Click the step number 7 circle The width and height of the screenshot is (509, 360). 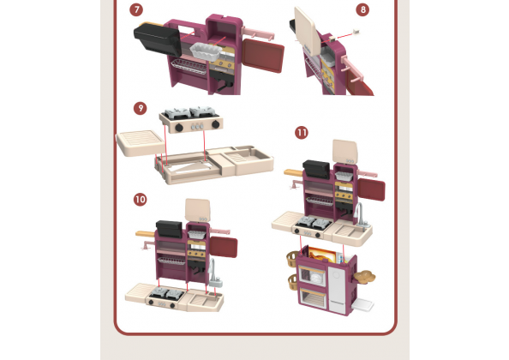(x=136, y=9)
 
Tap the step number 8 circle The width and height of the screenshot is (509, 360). (x=362, y=9)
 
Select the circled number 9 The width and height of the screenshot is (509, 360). (x=141, y=108)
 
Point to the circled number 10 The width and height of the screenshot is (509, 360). (x=141, y=200)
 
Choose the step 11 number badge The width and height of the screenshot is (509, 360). (x=302, y=133)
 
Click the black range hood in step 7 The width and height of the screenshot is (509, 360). (x=158, y=39)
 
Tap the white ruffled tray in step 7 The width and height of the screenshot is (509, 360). (x=206, y=52)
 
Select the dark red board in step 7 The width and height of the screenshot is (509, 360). (x=263, y=55)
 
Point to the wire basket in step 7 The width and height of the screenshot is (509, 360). (x=189, y=66)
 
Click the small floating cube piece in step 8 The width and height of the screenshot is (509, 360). (x=356, y=32)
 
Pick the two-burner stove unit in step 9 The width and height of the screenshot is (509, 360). (x=191, y=119)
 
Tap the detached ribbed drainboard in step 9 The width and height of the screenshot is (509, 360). (x=140, y=143)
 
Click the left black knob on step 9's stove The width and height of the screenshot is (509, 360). (x=179, y=128)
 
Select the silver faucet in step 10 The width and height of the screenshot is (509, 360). (x=214, y=272)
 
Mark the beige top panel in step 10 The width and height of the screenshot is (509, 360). (x=198, y=210)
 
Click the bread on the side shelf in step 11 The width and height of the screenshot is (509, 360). (x=365, y=276)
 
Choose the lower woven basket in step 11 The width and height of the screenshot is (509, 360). (x=293, y=282)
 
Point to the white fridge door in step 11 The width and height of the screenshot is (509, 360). (x=338, y=289)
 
